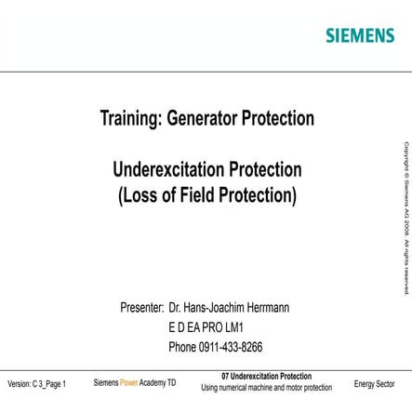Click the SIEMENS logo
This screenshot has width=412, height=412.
click(x=359, y=35)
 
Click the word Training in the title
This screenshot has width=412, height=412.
click(x=134, y=118)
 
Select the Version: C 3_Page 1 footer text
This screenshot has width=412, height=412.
click(x=36, y=384)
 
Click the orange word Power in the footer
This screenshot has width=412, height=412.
click(x=128, y=383)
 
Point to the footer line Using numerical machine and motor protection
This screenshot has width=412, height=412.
click(x=266, y=388)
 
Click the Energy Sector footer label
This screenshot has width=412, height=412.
click(x=374, y=383)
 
